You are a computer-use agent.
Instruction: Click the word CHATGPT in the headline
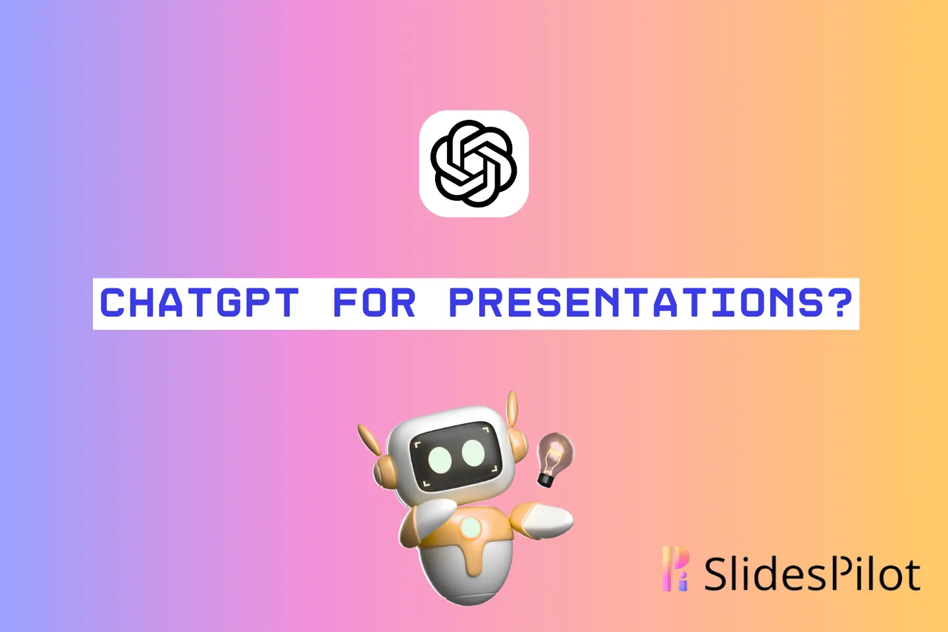tap(199, 303)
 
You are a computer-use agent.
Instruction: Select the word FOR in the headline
tap(374, 303)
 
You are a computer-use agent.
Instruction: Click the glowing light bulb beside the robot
tap(554, 460)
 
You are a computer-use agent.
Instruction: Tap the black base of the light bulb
tap(546, 481)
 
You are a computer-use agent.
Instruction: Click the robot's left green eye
tap(440, 460)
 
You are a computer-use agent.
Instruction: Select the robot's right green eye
tap(473, 453)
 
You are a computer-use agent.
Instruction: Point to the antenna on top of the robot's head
tap(512, 409)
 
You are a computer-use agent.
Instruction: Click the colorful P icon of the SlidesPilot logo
tap(675, 568)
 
